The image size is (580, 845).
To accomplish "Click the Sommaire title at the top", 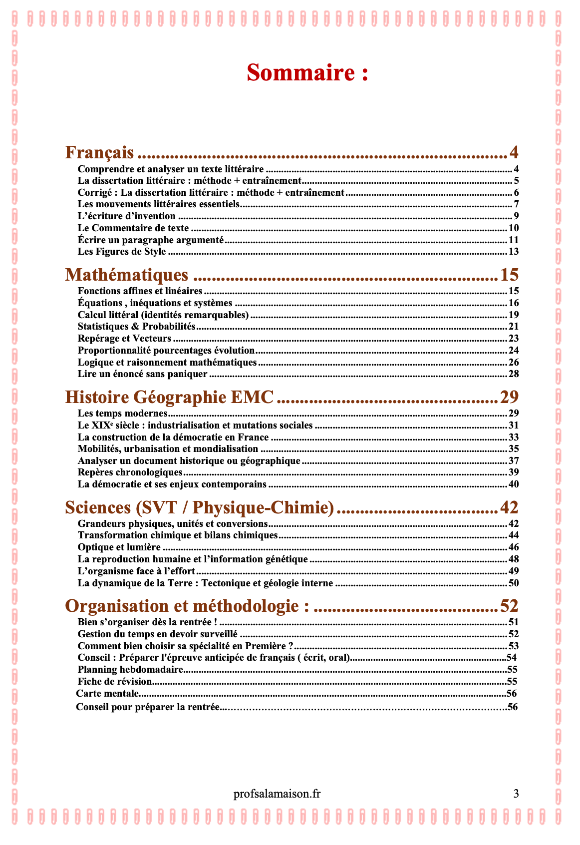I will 307,73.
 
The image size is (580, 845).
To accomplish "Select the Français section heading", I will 100,152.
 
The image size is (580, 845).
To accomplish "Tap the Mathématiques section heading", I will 127,275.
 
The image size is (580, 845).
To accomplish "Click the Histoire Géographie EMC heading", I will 170,397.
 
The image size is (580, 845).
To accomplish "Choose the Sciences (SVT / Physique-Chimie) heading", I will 200,507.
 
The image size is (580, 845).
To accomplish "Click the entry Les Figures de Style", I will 122,252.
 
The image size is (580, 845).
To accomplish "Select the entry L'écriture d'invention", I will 127,216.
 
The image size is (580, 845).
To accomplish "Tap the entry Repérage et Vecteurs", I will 124,339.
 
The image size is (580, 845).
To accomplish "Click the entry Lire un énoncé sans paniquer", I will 142,374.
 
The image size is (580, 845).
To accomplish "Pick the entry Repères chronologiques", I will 130,472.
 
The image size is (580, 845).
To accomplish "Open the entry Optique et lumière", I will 119,547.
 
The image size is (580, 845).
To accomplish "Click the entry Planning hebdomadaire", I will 130,670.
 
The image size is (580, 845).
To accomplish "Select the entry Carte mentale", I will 107,693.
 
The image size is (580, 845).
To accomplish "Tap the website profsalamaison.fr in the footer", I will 277,794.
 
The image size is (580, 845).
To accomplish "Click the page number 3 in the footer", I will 516,794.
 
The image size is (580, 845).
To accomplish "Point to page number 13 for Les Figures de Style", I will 514,252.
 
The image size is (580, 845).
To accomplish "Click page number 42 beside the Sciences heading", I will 509,507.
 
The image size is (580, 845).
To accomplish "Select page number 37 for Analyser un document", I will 514,461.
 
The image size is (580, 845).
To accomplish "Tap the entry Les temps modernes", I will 122,414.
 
